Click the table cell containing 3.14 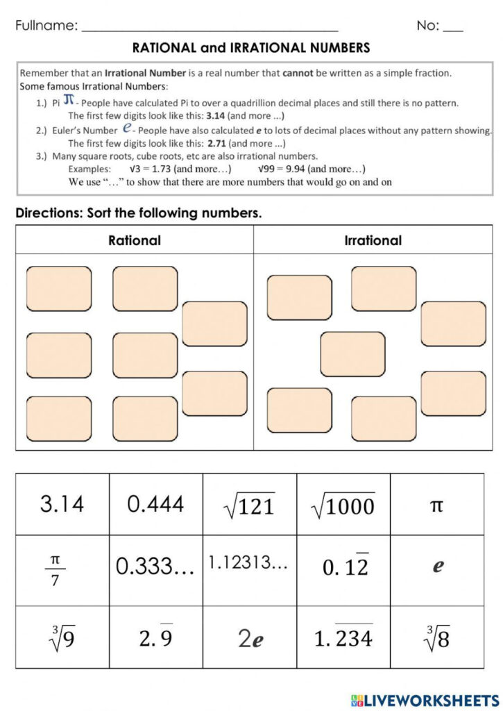click(x=62, y=504)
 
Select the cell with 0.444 click(x=156, y=504)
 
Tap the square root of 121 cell click(x=250, y=504)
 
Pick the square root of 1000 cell click(x=343, y=504)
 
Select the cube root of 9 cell click(x=62, y=637)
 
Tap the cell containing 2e click(x=250, y=638)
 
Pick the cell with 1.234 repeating click(x=343, y=637)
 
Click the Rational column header click(x=134, y=240)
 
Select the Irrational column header click(x=373, y=240)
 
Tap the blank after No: click(x=453, y=28)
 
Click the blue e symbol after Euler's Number click(x=127, y=128)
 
